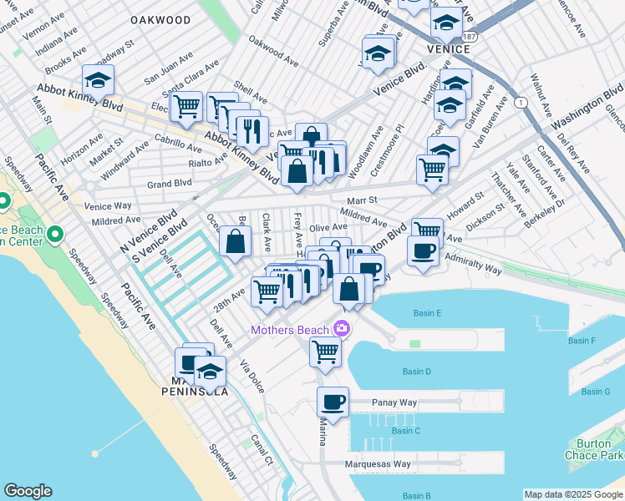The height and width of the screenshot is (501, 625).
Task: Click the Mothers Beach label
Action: [x=291, y=330]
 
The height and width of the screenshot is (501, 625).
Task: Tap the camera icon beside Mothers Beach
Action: [x=341, y=329]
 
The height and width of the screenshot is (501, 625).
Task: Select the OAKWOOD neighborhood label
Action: [x=161, y=19]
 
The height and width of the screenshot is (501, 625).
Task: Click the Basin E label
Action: [x=427, y=313]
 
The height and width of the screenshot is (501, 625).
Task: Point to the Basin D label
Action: [x=416, y=372]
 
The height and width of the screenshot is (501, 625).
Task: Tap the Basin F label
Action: [x=582, y=341]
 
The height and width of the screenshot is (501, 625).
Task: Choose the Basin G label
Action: [x=595, y=392]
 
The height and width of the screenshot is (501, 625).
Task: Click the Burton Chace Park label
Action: [x=601, y=449]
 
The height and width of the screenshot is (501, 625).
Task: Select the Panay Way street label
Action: [x=394, y=402]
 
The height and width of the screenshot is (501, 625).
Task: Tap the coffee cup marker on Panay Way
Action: [x=333, y=402]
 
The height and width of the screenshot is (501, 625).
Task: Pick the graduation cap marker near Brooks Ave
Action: [x=99, y=82]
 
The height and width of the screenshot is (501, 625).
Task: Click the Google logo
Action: [x=28, y=491]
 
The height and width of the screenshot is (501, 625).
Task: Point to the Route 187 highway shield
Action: [x=470, y=38]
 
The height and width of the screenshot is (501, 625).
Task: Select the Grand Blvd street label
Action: [x=170, y=183]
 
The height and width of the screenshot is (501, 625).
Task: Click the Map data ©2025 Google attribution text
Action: [x=573, y=494]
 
